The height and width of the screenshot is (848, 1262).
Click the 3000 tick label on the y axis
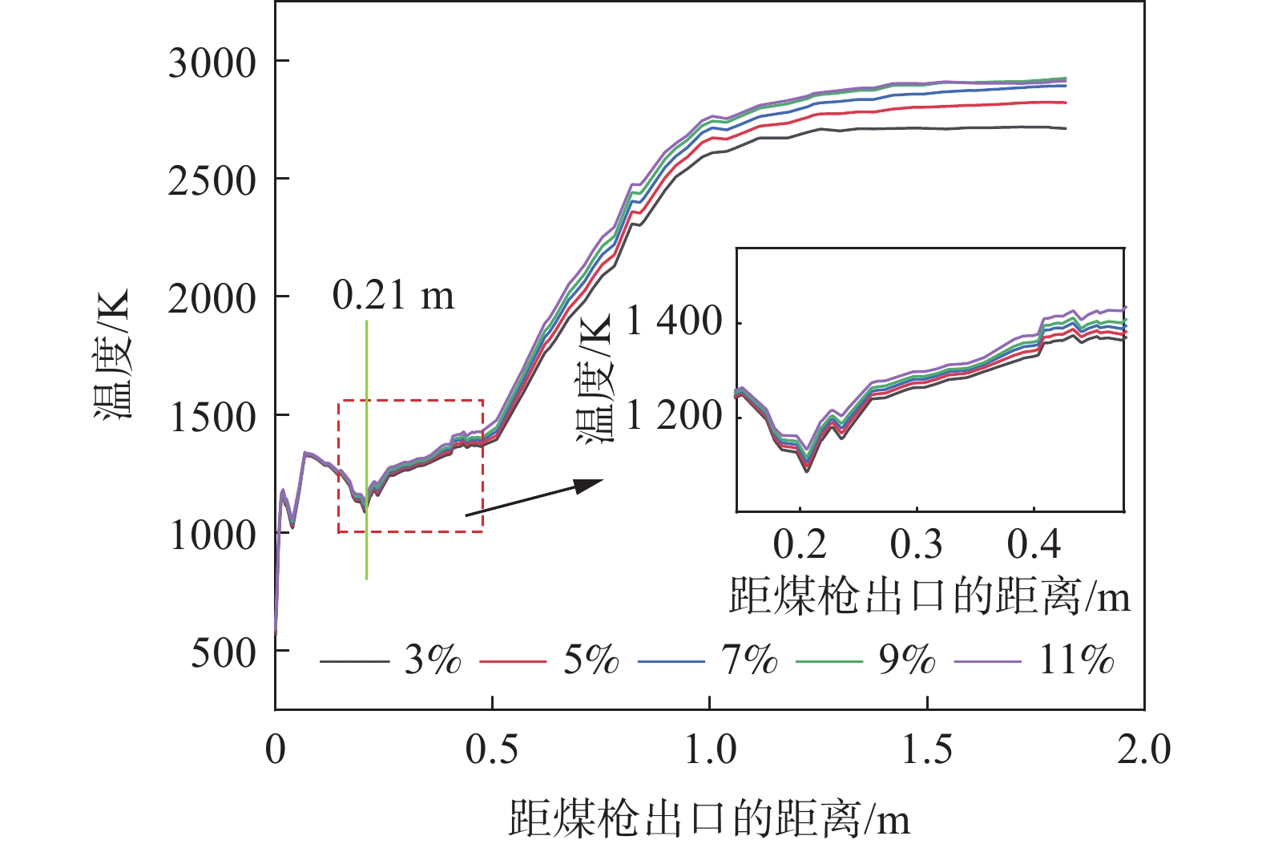(212, 63)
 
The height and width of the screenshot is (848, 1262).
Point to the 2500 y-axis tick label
(212, 180)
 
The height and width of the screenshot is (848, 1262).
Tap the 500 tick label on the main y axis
(224, 652)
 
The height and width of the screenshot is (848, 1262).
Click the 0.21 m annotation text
(393, 295)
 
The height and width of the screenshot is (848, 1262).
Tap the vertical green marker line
(366, 449)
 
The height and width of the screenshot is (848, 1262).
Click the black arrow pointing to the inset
(534, 498)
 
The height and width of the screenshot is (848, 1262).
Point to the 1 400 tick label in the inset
(675, 322)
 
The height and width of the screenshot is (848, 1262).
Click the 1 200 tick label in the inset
(675, 415)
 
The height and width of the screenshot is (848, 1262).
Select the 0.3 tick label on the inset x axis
(917, 544)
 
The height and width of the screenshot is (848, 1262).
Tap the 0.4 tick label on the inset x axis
(1034, 544)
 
